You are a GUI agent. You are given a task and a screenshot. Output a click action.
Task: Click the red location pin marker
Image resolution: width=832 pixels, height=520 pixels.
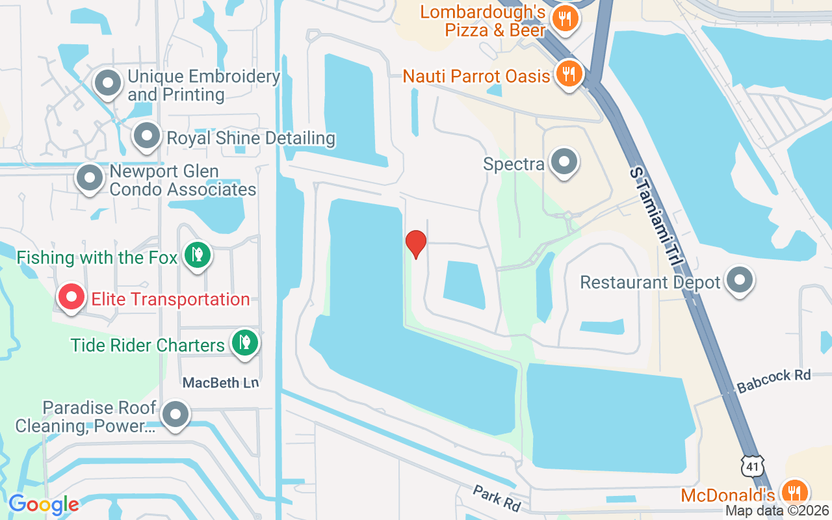click(x=416, y=244)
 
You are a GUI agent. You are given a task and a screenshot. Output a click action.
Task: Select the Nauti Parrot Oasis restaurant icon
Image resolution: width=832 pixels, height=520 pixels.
click(x=569, y=74)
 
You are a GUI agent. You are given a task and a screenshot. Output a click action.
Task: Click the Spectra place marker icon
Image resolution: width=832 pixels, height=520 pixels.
click(x=564, y=162)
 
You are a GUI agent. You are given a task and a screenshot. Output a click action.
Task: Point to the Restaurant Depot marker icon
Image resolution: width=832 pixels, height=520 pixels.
click(x=739, y=281)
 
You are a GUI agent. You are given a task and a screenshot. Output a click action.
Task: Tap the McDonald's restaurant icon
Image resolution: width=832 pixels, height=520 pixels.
click(x=793, y=491)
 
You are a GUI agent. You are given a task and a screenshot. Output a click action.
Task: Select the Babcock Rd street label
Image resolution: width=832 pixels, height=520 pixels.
click(x=773, y=381)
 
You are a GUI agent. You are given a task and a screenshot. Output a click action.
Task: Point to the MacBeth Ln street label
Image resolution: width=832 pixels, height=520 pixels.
click(x=220, y=383)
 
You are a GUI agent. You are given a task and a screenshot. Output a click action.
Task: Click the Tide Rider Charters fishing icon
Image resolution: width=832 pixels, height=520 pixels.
click(x=244, y=342)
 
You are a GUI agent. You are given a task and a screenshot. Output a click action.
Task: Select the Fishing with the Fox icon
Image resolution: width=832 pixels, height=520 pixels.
click(x=197, y=255)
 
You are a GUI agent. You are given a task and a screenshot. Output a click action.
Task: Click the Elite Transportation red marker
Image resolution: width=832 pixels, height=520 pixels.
click(x=71, y=297)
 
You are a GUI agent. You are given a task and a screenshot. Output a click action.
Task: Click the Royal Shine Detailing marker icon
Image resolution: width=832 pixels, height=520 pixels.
click(x=147, y=136)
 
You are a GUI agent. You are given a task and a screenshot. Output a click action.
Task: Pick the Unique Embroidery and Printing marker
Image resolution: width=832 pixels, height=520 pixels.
click(x=108, y=83)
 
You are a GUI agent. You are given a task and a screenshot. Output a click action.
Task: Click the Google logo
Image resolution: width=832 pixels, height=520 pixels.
click(x=44, y=504)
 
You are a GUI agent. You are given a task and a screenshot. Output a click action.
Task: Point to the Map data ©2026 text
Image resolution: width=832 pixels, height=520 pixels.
click(x=777, y=511)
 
